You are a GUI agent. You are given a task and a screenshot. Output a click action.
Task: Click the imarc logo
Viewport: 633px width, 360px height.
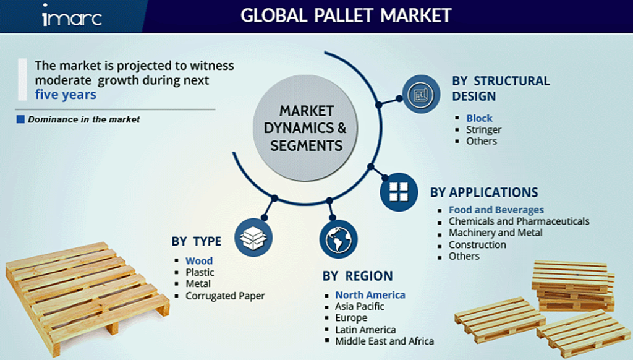point(72,15)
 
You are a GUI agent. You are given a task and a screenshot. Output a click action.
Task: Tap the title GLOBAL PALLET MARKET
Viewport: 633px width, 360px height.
point(346,15)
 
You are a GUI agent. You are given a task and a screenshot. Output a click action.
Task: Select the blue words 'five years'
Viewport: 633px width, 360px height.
point(66,95)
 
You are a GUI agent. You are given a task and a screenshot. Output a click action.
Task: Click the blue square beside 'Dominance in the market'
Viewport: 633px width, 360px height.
point(20,119)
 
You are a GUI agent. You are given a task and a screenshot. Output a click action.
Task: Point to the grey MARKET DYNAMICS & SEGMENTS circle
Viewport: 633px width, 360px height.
point(305,127)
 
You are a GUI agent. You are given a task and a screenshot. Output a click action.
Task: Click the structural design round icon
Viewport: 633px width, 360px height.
point(421,94)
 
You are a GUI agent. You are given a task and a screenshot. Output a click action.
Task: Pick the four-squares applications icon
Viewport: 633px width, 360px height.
point(399,192)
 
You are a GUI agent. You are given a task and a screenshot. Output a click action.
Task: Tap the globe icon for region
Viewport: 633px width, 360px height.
point(338,239)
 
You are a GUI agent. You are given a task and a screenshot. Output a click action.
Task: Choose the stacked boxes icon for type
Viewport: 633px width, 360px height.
point(253,238)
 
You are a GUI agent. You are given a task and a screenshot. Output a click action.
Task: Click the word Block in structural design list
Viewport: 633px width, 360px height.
point(479,118)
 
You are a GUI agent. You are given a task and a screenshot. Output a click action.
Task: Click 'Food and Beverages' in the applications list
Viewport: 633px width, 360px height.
point(496,210)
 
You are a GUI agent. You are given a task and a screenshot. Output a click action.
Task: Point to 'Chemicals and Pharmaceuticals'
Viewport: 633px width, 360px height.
point(519,221)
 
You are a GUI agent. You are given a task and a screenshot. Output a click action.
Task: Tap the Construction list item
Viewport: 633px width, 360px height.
point(477,244)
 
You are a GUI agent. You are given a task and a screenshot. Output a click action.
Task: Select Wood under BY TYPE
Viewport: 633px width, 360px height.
point(199,260)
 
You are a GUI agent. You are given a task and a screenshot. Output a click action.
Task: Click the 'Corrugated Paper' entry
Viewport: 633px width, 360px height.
point(225,296)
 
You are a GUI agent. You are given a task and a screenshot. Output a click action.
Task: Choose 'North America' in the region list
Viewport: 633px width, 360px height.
point(370,295)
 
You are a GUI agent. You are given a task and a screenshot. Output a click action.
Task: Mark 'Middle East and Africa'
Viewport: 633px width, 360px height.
point(384,341)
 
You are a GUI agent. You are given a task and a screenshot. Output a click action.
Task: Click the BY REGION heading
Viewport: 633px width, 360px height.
point(357,276)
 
